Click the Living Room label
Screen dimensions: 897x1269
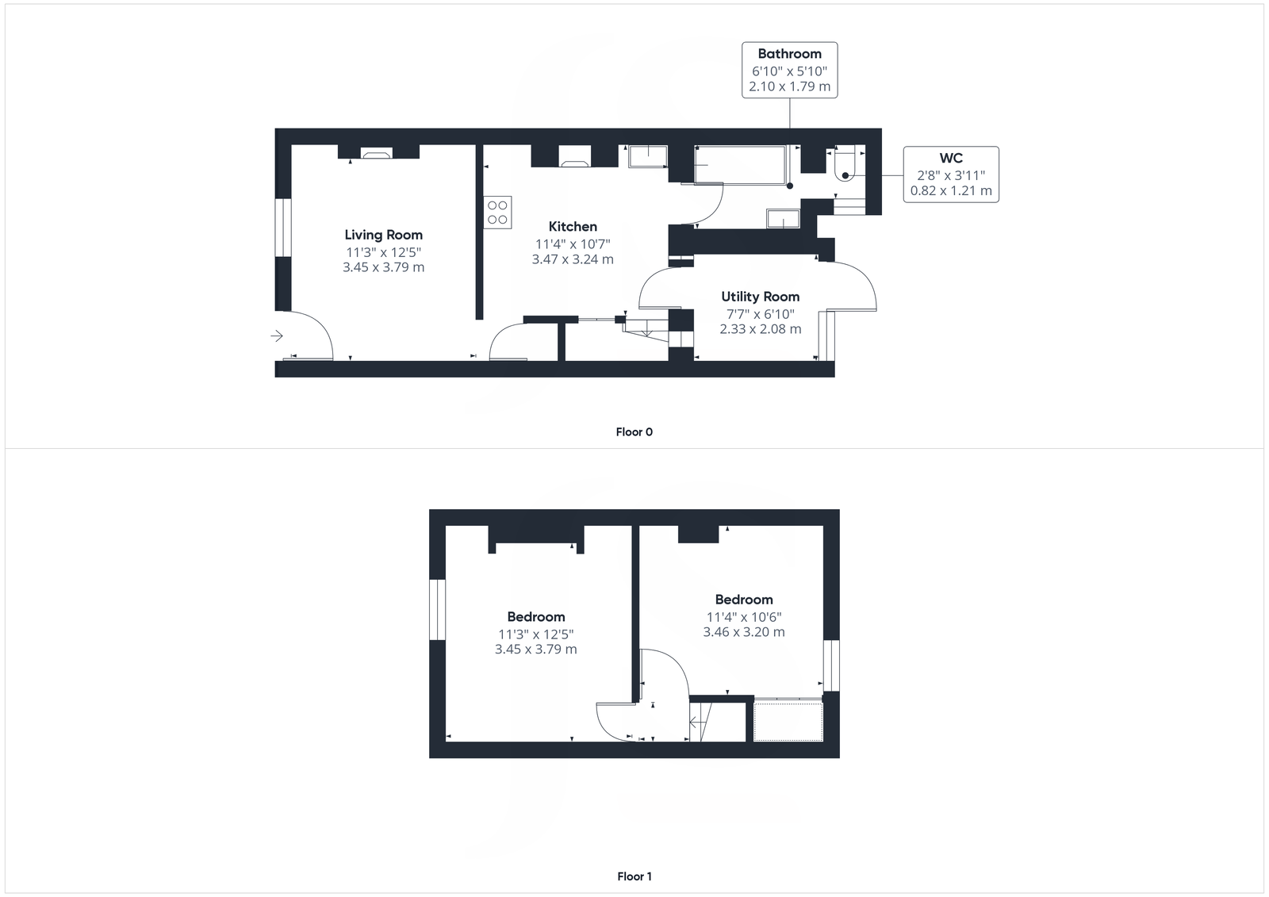383,235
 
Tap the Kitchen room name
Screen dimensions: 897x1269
573,227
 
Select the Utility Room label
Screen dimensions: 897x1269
760,297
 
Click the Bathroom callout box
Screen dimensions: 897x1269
789,70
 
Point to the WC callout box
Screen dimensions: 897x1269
951,174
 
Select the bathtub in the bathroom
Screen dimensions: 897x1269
741,165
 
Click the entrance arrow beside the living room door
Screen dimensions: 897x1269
277,336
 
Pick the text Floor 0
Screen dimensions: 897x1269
634,432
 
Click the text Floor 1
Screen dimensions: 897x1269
634,876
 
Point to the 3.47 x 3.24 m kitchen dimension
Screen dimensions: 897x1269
573,259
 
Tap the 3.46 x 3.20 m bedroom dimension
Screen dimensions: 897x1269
744,632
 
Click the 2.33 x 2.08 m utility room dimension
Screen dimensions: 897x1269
760,329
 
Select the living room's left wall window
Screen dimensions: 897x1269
283,228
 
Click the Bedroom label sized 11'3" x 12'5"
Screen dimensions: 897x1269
536,617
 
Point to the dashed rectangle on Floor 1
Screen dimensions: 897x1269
788,721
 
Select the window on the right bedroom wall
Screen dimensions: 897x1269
830,665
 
